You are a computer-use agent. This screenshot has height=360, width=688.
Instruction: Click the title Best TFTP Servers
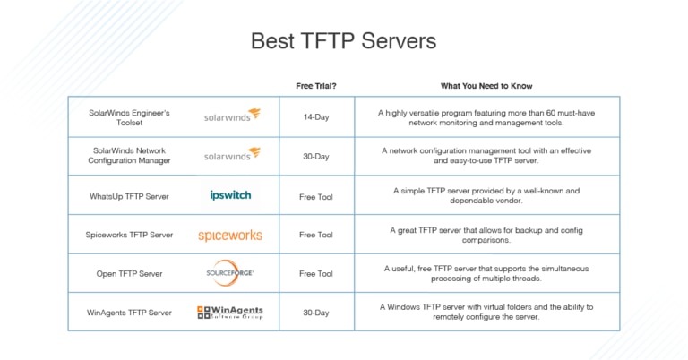pyautogui.click(x=343, y=41)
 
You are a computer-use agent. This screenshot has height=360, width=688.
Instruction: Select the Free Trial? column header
pyautogui.click(x=316, y=87)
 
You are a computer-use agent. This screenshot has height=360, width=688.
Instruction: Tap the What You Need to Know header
pyautogui.click(x=486, y=87)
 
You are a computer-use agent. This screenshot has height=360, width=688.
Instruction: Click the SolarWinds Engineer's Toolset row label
pyautogui.click(x=129, y=118)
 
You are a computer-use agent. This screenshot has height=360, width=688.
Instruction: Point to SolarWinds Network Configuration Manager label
pyautogui.click(x=129, y=156)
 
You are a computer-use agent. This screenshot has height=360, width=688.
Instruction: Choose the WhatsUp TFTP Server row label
pyautogui.click(x=129, y=195)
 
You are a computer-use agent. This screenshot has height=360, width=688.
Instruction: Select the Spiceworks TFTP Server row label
pyautogui.click(x=129, y=235)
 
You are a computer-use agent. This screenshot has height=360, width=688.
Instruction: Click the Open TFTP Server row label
pyautogui.click(x=129, y=273)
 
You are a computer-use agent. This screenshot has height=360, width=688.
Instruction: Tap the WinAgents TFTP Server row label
pyautogui.click(x=129, y=313)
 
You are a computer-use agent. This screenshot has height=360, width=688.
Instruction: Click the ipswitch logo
pyautogui.click(x=230, y=195)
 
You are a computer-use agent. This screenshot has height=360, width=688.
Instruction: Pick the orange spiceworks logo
pyautogui.click(x=230, y=236)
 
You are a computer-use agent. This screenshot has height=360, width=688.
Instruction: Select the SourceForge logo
pyautogui.click(x=230, y=272)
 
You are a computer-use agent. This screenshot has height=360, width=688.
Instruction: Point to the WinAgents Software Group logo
pyautogui.click(x=230, y=313)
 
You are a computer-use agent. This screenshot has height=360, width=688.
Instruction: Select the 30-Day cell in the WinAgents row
pyautogui.click(x=316, y=313)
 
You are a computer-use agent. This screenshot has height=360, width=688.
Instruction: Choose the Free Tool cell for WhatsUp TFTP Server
pyautogui.click(x=316, y=195)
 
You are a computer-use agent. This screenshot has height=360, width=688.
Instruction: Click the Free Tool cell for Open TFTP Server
pyautogui.click(x=316, y=273)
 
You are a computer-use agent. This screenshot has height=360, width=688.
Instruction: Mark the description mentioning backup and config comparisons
pyautogui.click(x=486, y=235)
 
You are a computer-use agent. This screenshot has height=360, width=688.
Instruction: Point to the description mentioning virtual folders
pyautogui.click(x=486, y=313)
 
